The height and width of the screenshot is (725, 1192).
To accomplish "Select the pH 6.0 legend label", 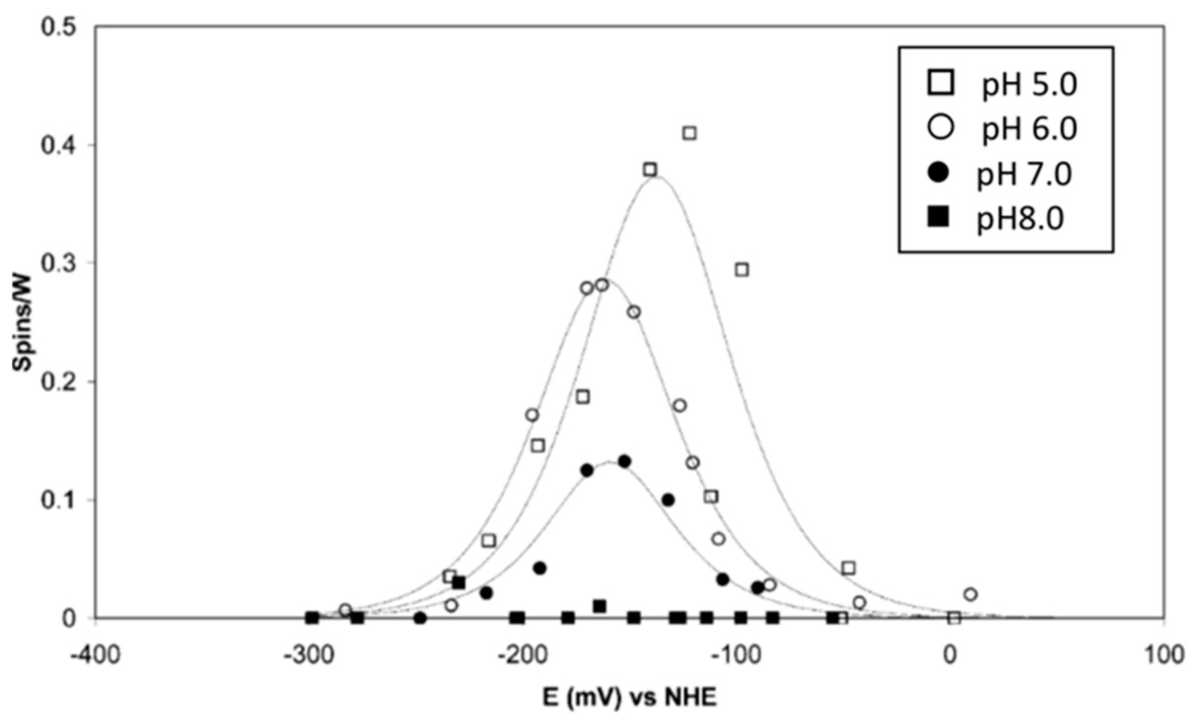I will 1029,130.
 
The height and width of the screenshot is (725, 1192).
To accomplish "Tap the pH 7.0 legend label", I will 1024,175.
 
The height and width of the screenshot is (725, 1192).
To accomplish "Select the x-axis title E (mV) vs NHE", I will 630,698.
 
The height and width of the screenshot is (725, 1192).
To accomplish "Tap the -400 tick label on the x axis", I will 96,656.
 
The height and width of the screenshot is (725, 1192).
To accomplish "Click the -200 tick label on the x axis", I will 523,656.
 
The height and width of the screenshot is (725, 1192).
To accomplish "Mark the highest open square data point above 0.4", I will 690,133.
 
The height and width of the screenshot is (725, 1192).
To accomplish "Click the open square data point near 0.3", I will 742,270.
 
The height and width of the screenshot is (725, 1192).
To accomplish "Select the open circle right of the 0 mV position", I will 970,595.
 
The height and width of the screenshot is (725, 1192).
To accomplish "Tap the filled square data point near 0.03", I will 458,583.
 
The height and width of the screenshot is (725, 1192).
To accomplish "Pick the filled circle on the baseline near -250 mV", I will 420,618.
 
